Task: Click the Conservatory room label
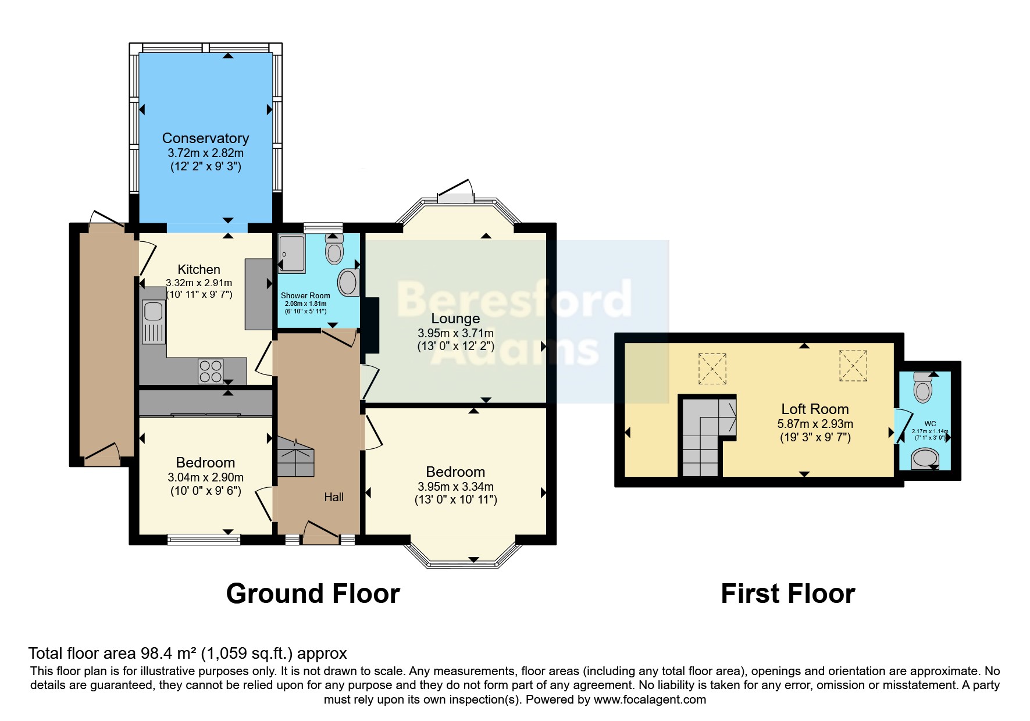205,138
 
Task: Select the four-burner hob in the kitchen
211,372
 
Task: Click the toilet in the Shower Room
334,249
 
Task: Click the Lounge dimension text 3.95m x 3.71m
455,334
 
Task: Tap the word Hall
334,497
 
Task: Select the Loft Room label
815,409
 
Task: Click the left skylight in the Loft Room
712,369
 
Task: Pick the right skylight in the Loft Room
853,366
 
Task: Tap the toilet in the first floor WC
923,387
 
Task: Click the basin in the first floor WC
924,459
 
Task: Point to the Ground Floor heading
313,594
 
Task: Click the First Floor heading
788,594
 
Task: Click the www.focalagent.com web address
650,699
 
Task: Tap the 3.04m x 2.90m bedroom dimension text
206,477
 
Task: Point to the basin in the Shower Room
348,283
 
